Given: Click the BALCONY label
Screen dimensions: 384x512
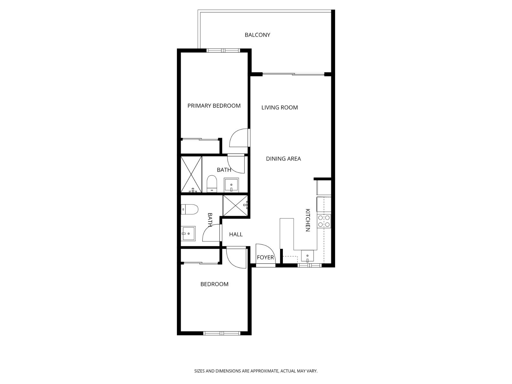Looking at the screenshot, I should [257, 35].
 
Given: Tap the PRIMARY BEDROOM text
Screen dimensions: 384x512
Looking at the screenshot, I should [214, 106].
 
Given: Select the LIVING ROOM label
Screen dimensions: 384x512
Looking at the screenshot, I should [279, 108].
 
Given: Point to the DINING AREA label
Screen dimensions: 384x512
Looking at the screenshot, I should [283, 159].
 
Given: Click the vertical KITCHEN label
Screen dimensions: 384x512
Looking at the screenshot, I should [308, 220].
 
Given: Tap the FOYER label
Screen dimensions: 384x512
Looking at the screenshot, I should [265, 258].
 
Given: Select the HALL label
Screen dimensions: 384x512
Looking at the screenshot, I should [236, 235].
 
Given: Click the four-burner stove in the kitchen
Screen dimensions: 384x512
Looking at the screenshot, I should [324, 221].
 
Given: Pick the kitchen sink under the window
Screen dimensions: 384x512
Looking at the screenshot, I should [307, 256].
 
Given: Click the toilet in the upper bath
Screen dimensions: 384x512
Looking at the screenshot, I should [212, 183].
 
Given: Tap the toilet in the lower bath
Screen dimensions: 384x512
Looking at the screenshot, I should [189, 209].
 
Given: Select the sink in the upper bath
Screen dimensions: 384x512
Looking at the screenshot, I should [231, 185].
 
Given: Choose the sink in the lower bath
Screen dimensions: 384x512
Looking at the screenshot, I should [188, 233].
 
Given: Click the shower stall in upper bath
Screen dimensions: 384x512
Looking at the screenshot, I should [191, 174].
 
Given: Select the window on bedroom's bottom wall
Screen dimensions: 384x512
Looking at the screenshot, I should [222, 333].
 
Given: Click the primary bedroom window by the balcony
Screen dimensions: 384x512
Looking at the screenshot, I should [223, 50].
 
